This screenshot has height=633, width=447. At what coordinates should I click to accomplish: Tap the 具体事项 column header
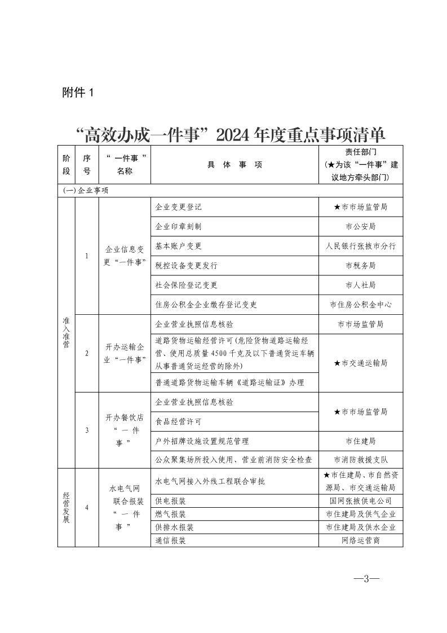[x=234, y=165]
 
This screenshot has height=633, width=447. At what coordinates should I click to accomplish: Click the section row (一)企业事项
[x=86, y=191]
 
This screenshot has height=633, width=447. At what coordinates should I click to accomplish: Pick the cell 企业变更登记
[x=178, y=207]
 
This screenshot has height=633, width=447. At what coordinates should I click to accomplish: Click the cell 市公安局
[x=361, y=226]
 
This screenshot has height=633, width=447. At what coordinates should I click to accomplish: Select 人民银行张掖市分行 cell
[x=361, y=246]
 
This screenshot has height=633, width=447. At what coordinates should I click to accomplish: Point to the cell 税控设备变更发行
[x=186, y=265]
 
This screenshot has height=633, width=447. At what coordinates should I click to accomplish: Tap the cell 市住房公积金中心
[x=361, y=305]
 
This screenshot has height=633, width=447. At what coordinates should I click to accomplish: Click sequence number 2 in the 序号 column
[x=87, y=354]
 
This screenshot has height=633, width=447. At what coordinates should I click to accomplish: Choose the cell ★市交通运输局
[x=361, y=363]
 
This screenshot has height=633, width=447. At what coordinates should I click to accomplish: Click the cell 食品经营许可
[x=178, y=421]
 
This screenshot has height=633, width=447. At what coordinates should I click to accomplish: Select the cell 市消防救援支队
[x=361, y=459]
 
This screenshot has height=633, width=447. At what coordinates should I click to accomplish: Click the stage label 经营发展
[x=66, y=507]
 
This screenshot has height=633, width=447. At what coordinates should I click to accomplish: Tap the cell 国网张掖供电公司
[x=361, y=500]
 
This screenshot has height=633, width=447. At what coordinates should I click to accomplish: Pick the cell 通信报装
[x=170, y=540]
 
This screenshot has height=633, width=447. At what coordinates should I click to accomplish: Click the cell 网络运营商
[x=361, y=540]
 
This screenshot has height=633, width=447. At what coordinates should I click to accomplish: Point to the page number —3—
[x=366, y=579]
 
